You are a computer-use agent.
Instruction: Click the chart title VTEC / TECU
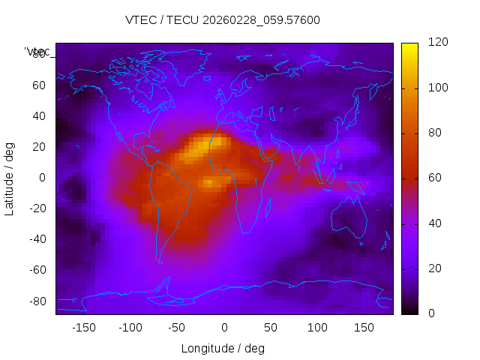222,20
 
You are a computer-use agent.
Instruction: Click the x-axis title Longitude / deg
223,348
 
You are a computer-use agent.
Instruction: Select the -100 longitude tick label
130,327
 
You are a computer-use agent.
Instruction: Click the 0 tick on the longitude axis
223,327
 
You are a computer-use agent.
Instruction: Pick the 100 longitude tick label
317,327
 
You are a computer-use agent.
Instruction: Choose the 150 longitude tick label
364,327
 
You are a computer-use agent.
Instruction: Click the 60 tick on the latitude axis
40,85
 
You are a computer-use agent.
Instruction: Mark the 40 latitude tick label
40,116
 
